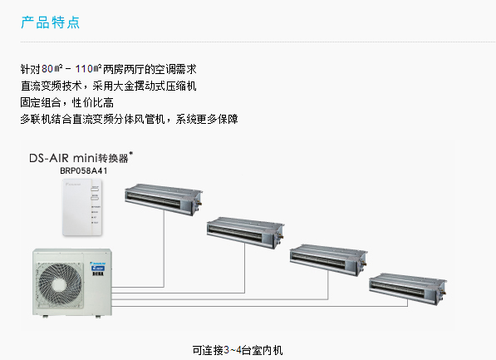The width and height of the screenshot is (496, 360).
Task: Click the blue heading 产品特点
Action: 51,22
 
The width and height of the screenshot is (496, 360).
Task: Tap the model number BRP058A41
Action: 84,171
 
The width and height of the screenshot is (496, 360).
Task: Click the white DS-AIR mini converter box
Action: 82,207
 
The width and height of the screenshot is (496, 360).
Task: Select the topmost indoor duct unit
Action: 164,200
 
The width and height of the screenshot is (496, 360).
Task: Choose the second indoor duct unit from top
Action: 245,233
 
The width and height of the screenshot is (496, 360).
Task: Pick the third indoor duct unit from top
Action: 328,259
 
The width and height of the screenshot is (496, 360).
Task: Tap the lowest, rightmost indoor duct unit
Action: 408,288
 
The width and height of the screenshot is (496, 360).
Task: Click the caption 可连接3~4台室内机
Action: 238,350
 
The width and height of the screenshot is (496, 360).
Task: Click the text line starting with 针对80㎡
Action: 109,69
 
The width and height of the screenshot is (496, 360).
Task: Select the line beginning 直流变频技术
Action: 109,86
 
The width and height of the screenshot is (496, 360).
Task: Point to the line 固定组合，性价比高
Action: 67,102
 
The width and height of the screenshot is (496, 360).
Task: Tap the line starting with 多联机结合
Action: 129,119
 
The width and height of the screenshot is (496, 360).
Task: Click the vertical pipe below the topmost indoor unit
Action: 164,249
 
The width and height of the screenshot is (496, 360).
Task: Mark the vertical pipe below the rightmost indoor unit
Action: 407,303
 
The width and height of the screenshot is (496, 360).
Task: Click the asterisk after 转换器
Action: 130,154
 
